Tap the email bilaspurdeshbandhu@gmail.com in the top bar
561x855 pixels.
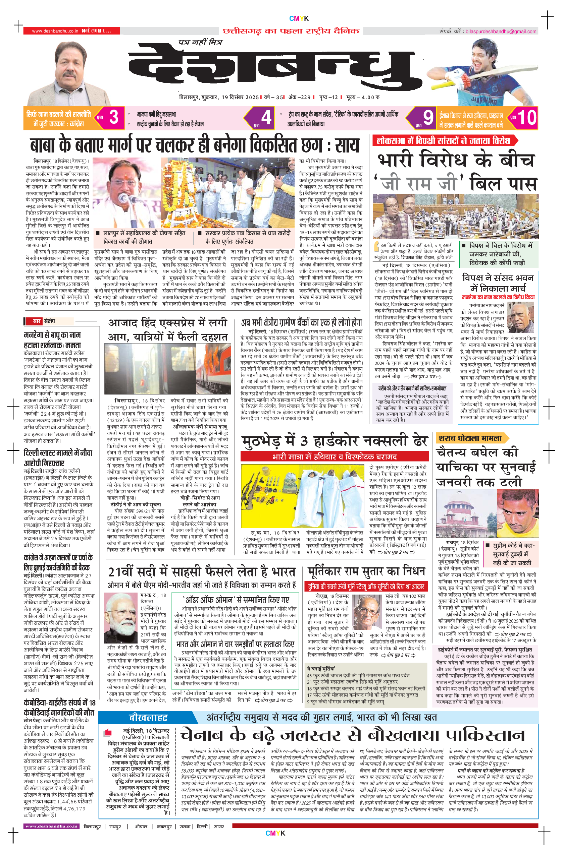[501, 32]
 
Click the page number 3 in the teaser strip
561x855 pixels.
[114, 117]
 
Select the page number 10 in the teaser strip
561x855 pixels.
[526, 117]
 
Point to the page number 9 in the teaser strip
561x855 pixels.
[427, 117]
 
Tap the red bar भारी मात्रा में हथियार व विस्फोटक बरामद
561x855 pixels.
[334, 456]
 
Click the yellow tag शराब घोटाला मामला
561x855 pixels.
[470, 438]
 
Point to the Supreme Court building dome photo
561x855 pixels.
[466, 514]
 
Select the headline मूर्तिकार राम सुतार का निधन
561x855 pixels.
[366, 571]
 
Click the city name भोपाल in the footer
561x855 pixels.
[141, 827]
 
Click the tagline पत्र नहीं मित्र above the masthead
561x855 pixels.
[200, 42]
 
